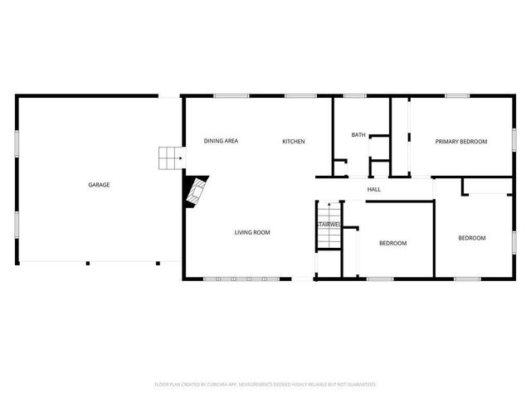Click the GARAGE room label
[99, 185]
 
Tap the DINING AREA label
[221, 141]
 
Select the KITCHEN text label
[294, 141]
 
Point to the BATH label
[358, 134]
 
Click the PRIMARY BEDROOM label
[461, 141]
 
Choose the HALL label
[374, 190]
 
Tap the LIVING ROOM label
[251, 232]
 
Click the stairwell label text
[328, 225]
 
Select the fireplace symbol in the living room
[197, 193]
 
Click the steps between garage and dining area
[170, 158]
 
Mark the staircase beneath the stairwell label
[329, 236]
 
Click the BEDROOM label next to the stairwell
[392, 243]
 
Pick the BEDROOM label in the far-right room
[472, 238]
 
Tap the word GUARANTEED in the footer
[361, 384]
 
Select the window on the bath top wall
[355, 96]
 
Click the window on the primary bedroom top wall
[457, 96]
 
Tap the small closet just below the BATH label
[379, 148]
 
